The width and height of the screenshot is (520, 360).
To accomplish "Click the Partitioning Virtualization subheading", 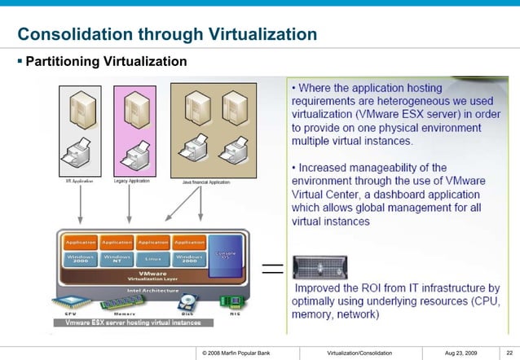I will pyautogui.click(x=106, y=62).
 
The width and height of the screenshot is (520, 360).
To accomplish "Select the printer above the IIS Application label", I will pyautogui.click(x=81, y=151).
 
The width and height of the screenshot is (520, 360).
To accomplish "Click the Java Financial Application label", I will pyautogui.click(x=205, y=182).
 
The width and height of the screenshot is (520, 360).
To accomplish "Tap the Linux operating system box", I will pyautogui.click(x=153, y=259).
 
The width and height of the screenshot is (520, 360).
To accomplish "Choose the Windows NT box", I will pyautogui.click(x=117, y=259).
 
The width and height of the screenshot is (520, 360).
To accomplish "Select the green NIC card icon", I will pyautogui.click(x=229, y=301).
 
